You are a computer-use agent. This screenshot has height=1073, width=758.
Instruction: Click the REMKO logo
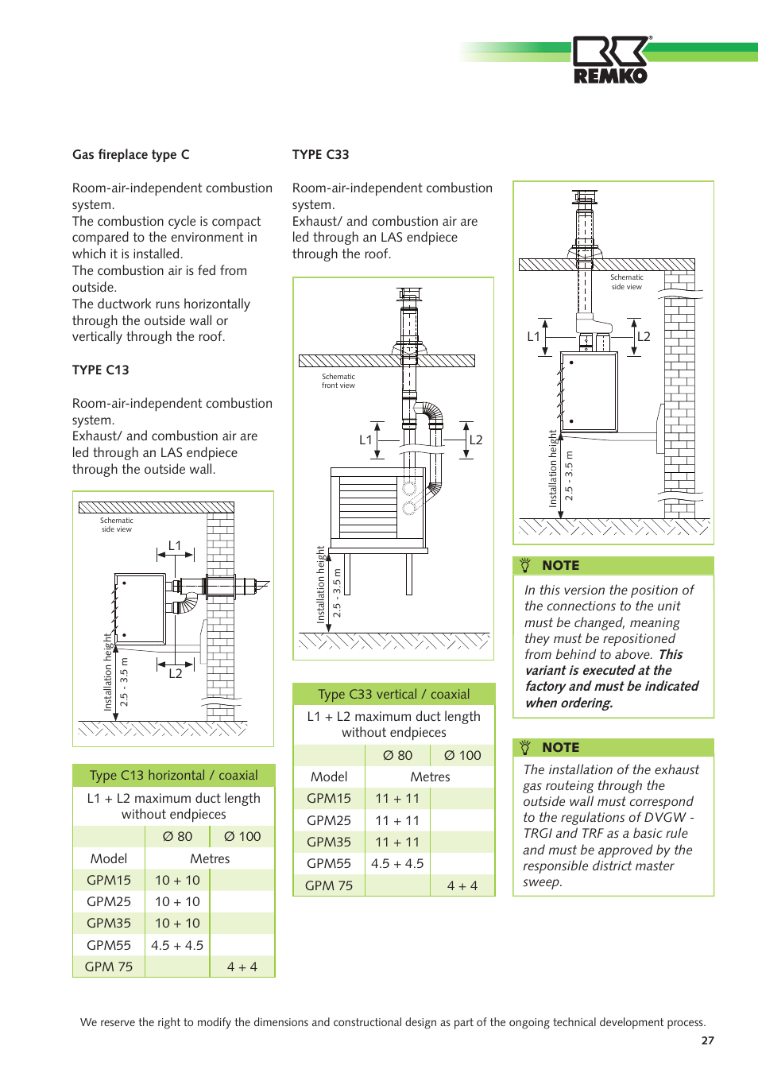click(x=610, y=60)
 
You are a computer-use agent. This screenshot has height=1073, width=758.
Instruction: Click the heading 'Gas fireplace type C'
click(x=130, y=154)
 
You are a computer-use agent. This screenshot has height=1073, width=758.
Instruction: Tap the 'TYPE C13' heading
click(x=100, y=370)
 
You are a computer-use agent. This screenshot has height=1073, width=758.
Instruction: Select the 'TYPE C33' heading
click(x=320, y=154)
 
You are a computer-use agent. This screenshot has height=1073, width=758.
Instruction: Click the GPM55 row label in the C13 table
click(x=109, y=945)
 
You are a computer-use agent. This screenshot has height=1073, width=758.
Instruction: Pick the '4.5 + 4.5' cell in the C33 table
click(x=397, y=863)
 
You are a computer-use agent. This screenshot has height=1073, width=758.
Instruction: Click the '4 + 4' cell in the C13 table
click(x=242, y=966)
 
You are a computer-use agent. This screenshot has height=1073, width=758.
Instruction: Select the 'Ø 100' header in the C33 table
click(x=462, y=755)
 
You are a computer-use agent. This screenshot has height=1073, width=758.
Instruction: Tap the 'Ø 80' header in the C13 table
click(x=177, y=836)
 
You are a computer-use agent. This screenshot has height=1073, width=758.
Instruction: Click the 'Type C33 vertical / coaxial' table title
click(x=393, y=694)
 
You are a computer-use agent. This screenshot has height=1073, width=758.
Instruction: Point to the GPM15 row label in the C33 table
click(x=329, y=798)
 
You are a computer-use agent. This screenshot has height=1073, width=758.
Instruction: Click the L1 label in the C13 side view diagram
click(x=175, y=545)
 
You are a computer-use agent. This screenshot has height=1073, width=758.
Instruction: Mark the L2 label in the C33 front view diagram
click(x=476, y=440)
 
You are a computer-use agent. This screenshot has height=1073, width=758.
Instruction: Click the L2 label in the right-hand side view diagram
click(x=644, y=336)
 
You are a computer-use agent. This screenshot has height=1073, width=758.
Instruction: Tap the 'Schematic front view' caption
click(x=338, y=382)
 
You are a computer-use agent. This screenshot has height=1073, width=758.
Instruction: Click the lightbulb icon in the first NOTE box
click(x=525, y=565)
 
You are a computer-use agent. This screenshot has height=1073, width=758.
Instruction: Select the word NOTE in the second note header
click(x=560, y=747)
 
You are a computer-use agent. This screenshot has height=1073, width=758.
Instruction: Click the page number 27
click(x=707, y=1040)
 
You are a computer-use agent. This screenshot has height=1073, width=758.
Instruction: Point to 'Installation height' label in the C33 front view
click(x=321, y=584)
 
